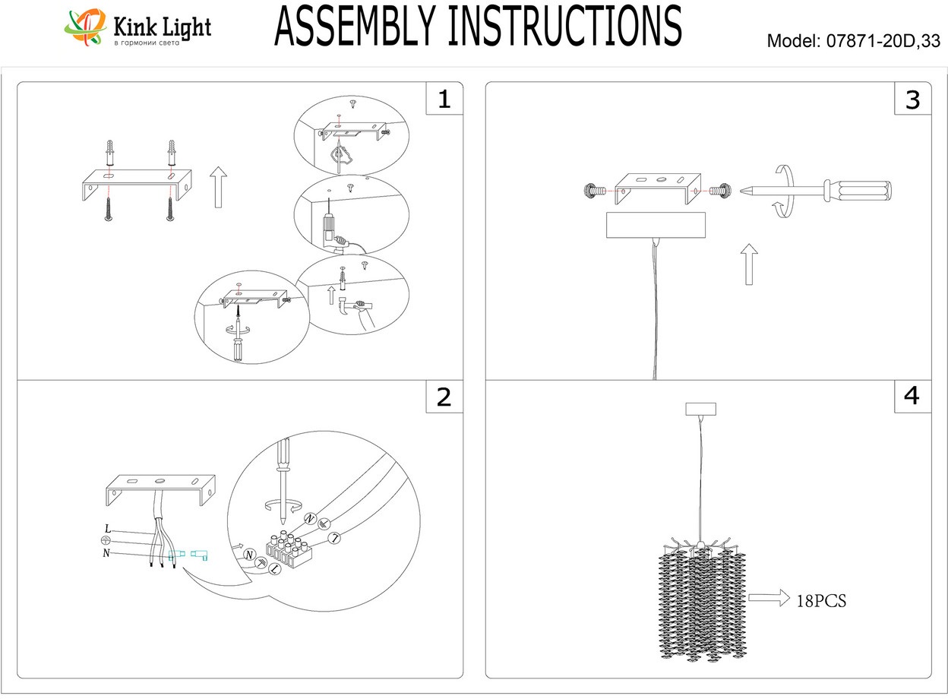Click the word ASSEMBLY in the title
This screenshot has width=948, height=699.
click(x=357, y=27)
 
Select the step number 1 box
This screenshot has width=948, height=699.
click(x=444, y=100)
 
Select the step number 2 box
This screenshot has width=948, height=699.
click(x=444, y=397)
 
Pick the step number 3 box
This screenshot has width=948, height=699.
click(x=912, y=100)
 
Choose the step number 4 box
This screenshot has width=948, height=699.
click(x=912, y=396)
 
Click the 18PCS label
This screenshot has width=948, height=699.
click(x=820, y=601)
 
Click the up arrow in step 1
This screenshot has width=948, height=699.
click(x=218, y=188)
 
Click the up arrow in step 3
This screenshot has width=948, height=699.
click(x=750, y=264)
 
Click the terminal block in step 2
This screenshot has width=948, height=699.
click(x=288, y=552)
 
